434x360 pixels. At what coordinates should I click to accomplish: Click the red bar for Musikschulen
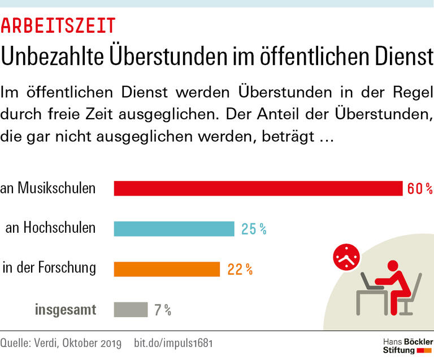coord(258,188)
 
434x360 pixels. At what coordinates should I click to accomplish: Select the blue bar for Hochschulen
coord(174,228)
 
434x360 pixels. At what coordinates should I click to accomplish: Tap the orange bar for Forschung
coord(167,269)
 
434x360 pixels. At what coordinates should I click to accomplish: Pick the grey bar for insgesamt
coord(131,310)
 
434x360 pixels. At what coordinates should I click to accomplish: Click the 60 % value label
coord(419,189)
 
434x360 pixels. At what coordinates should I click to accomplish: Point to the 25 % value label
coord(254,229)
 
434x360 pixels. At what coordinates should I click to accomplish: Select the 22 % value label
coord(240,270)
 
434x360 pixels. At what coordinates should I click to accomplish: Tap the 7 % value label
coord(162,310)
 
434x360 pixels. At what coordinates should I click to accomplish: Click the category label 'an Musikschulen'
coord(48,188)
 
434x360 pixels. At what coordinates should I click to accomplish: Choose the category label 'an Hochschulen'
coord(50,228)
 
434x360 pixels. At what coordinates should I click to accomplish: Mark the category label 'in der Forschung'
coord(49,268)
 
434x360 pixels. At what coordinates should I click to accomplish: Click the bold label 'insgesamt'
coord(66,310)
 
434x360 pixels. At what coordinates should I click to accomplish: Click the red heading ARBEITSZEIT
coord(58,25)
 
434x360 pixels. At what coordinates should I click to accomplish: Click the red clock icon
coord(345,258)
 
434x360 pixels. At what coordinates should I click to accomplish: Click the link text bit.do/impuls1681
coord(173,343)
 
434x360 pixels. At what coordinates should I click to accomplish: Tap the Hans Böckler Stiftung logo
coord(407,346)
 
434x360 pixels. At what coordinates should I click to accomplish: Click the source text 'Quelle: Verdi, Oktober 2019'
coord(61,343)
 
